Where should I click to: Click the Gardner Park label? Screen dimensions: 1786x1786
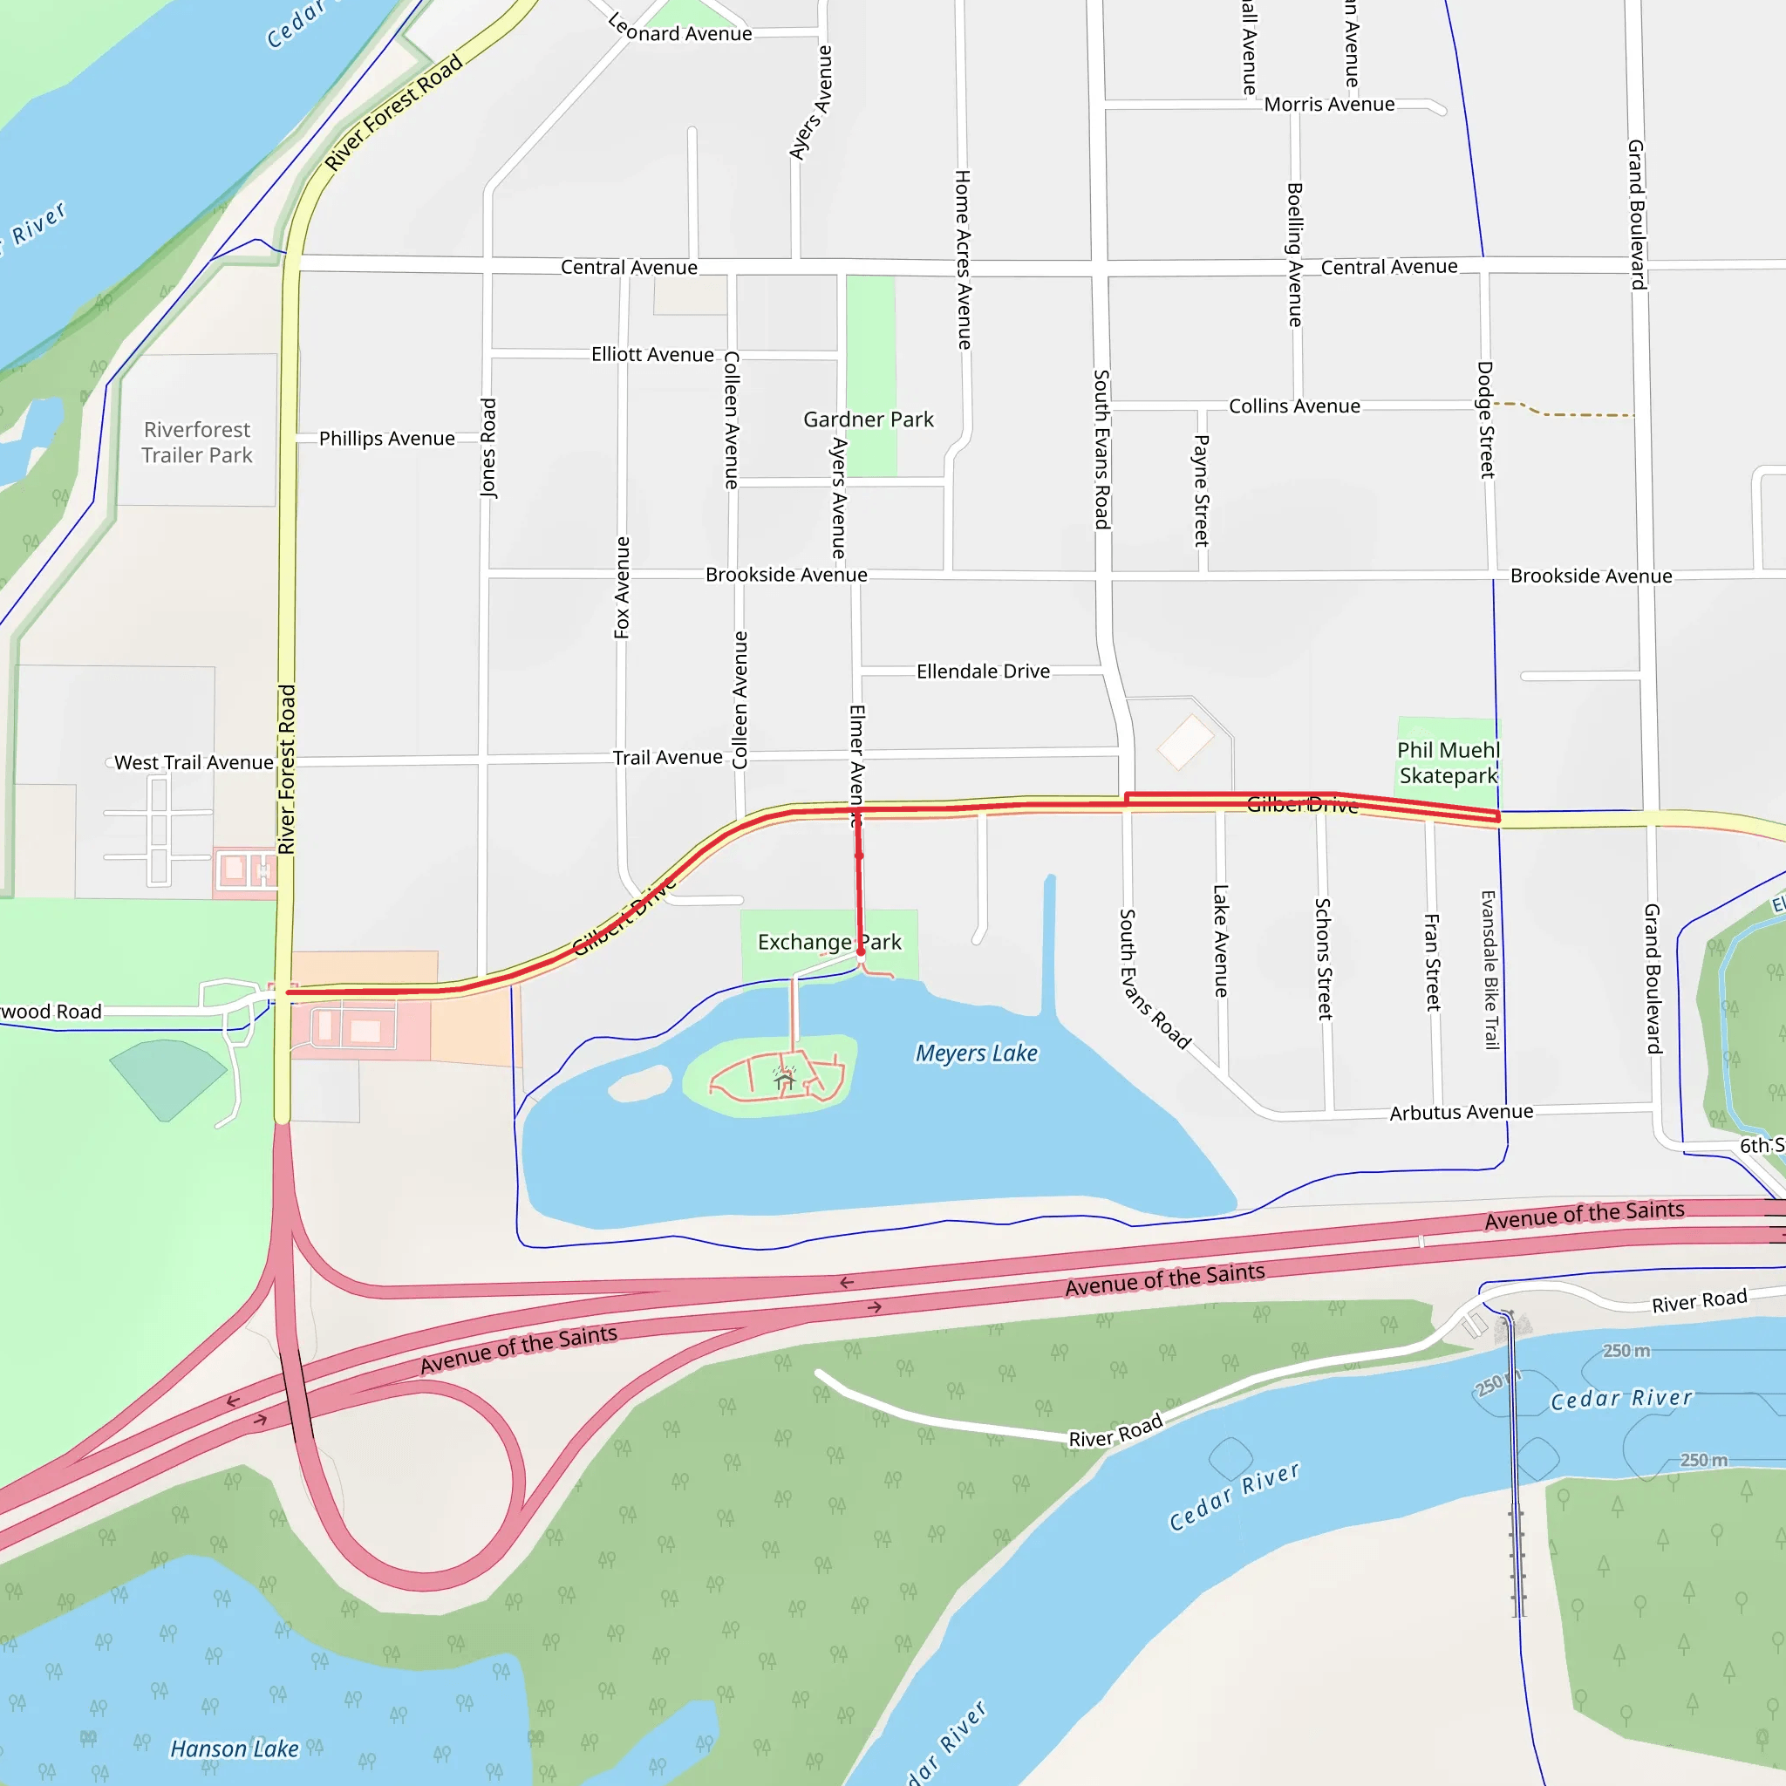[x=868, y=419]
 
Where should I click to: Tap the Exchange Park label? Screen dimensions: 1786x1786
[x=829, y=942]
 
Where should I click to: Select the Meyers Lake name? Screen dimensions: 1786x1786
[x=976, y=1053]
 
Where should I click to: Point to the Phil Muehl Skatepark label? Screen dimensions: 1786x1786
[x=1448, y=763]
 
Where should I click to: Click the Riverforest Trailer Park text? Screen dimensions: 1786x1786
[x=197, y=443]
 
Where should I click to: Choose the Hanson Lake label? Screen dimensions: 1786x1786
[x=234, y=1749]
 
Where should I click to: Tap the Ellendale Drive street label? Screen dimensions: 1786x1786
[x=983, y=671]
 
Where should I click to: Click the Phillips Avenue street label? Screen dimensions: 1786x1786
[x=386, y=438]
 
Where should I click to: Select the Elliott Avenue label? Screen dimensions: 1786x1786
[x=652, y=355]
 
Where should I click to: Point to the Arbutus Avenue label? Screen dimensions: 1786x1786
[x=1461, y=1112]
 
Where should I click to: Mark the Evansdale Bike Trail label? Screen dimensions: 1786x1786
[x=1489, y=970]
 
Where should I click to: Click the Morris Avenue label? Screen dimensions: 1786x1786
[x=1328, y=105]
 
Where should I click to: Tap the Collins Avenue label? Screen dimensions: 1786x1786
[x=1293, y=406]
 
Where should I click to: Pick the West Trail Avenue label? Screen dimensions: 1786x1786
[x=194, y=763]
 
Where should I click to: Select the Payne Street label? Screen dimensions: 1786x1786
[x=1201, y=490]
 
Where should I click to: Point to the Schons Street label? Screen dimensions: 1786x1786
[x=1323, y=958]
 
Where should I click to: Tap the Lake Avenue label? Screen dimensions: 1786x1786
[x=1220, y=940]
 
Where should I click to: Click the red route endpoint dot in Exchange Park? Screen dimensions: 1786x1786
[x=861, y=951]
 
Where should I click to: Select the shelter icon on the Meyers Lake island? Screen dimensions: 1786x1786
[x=785, y=1077]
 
